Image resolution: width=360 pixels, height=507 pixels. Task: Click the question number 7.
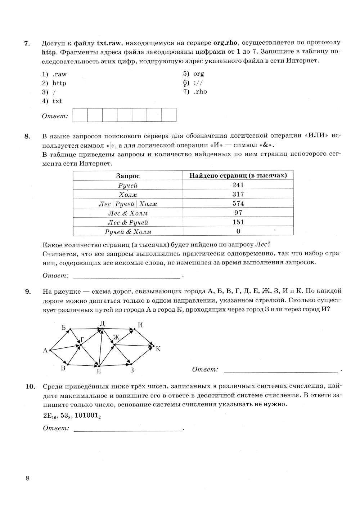(26, 43)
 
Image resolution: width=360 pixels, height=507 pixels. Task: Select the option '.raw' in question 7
(59, 74)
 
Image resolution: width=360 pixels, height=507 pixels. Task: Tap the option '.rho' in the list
(200, 92)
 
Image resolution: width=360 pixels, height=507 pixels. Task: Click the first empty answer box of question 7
(80, 115)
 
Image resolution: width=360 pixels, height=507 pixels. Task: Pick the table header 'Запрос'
(128, 176)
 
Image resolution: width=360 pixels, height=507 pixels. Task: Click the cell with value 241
(238, 185)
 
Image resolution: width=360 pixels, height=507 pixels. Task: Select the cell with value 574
(238, 204)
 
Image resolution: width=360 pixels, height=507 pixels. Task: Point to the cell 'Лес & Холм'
(128, 213)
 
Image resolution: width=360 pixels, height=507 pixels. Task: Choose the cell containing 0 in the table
(238, 231)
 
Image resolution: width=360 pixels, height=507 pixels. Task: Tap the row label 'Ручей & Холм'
(128, 232)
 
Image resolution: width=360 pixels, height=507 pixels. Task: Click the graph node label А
(45, 350)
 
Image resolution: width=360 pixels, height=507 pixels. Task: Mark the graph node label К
(158, 348)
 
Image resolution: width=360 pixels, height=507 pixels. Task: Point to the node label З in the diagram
(132, 370)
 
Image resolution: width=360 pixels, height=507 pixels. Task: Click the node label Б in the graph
(64, 328)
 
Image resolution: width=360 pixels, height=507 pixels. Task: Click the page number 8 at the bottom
(27, 479)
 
